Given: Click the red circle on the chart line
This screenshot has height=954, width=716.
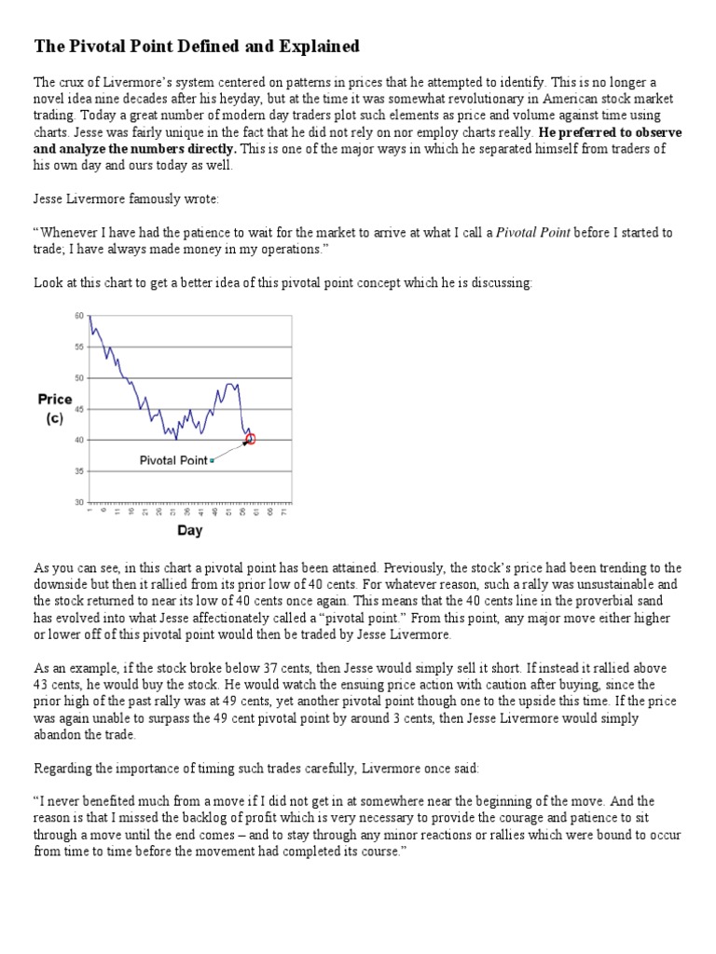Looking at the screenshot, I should [250, 439].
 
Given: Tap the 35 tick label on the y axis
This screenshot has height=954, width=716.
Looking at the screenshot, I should [78, 471].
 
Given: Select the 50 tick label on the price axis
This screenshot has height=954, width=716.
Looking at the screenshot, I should [78, 377].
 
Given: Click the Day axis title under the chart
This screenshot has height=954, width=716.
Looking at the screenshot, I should [189, 531].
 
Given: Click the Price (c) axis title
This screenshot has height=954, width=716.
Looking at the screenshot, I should [55, 408].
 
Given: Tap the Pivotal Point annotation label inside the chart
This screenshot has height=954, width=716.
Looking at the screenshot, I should [172, 460].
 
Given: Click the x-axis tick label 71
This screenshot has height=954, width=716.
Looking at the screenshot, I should [283, 512].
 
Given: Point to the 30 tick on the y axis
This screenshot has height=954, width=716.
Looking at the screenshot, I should [78, 502].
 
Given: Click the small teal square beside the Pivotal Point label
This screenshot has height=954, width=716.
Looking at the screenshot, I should [212, 460].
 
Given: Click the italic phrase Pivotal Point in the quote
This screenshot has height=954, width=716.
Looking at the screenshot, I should [532, 232].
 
